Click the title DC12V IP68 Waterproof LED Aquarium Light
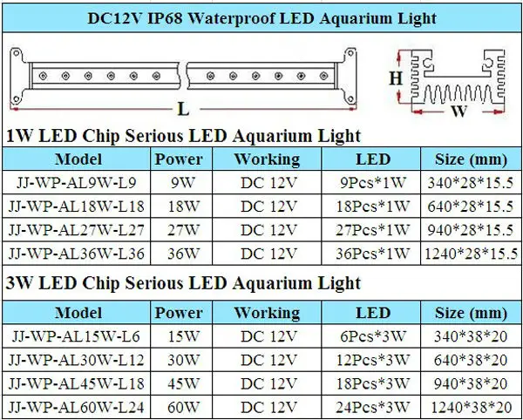click(261, 17)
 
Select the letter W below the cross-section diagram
click(454, 112)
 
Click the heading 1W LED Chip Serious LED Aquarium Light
click(183, 136)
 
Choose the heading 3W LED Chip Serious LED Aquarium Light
click(183, 283)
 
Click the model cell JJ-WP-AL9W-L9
click(78, 183)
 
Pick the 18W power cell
click(179, 207)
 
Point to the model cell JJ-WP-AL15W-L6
click(78, 334)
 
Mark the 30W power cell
click(179, 357)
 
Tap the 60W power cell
click(179, 404)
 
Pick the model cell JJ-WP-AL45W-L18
click(78, 381)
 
